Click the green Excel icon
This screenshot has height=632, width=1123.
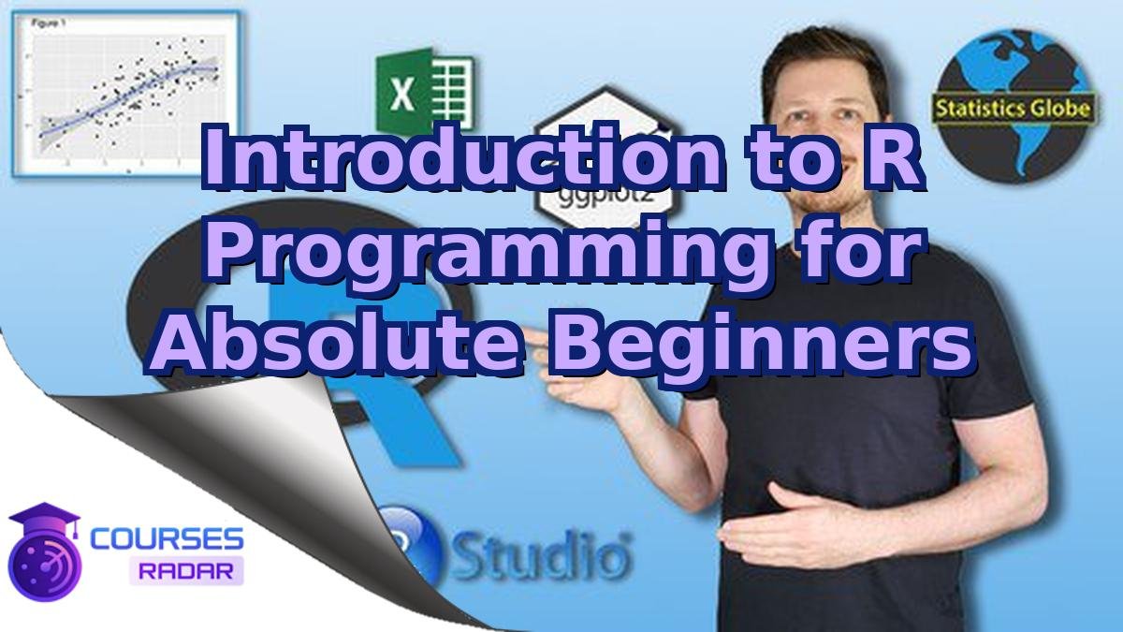pos(424,90)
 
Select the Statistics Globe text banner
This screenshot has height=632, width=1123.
pos(1014,109)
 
